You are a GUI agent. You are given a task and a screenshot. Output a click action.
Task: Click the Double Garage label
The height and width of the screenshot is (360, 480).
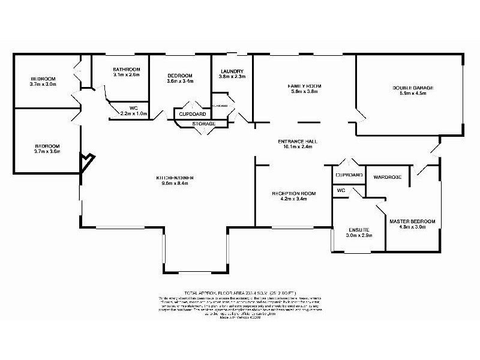tap(413, 88)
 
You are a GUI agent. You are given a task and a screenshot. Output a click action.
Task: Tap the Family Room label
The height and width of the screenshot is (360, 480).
tap(305, 86)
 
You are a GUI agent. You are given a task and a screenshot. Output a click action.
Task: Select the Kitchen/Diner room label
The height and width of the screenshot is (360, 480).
tap(173, 178)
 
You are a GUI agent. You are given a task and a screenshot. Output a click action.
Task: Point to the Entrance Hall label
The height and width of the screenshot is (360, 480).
tap(297, 142)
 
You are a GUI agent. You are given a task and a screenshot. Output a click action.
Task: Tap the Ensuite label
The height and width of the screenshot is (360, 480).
tap(360, 230)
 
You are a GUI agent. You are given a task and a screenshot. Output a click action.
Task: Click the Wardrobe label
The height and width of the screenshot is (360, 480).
tap(386, 177)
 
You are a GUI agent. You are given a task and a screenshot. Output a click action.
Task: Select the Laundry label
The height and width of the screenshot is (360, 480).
tap(231, 70)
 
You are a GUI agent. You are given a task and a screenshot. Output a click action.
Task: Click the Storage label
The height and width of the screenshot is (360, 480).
tap(203, 124)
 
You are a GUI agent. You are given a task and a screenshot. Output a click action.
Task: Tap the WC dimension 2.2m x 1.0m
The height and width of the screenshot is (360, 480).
tap(133, 113)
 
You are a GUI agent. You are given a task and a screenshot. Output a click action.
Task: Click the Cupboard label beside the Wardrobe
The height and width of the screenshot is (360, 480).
tap(349, 175)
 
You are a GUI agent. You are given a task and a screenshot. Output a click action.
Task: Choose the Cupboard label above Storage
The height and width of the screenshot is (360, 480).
tap(192, 114)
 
